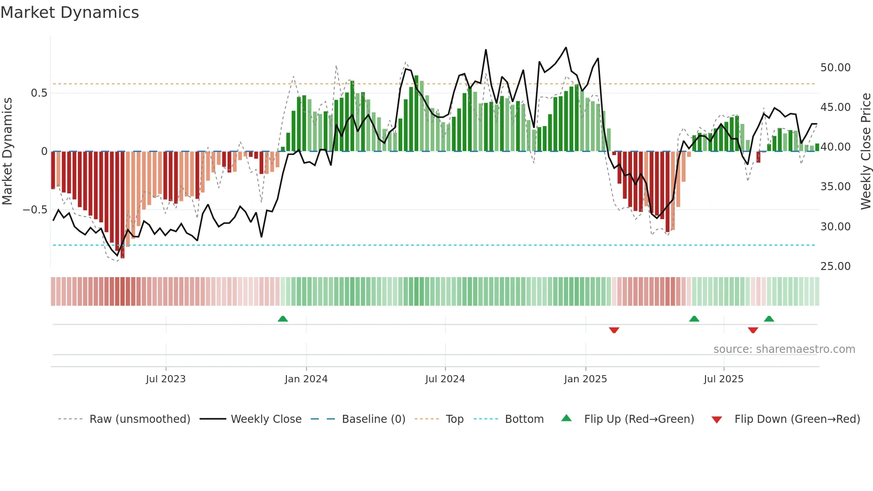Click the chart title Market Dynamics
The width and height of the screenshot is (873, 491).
click(69, 12)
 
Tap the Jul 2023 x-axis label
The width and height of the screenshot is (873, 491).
click(166, 379)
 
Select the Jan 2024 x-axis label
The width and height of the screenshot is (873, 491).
click(306, 379)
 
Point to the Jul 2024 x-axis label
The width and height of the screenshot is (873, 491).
click(445, 379)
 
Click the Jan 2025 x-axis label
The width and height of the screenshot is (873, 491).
click(585, 379)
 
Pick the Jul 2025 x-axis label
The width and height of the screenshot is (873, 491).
click(723, 379)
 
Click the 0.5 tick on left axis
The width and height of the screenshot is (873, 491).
click(39, 93)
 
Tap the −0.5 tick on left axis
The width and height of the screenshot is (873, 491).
click(35, 210)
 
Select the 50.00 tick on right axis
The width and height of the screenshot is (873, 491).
click(835, 68)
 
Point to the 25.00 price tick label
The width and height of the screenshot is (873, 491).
click(835, 266)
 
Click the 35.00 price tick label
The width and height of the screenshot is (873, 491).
click(835, 187)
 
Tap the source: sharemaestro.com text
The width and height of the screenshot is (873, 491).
click(784, 349)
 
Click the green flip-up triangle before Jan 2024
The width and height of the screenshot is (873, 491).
click(283, 319)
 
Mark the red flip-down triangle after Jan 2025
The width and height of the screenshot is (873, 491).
click(614, 330)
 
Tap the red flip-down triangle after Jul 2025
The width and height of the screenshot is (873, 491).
click(753, 330)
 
